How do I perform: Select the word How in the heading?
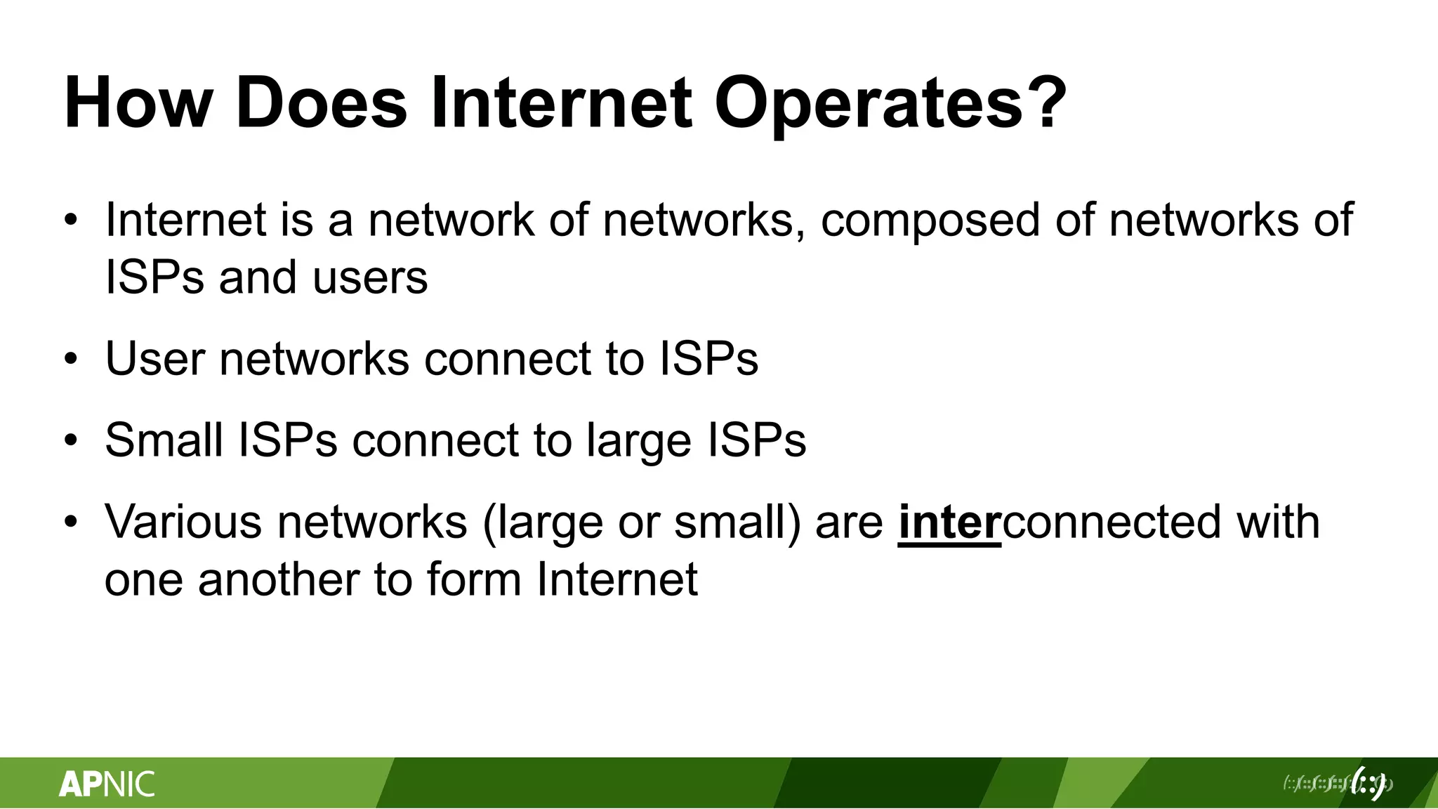pos(138,104)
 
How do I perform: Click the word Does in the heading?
pos(321,104)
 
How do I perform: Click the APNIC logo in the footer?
pos(107,784)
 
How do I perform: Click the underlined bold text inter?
pos(949,522)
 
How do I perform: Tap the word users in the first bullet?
pos(370,277)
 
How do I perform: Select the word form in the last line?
pos(473,580)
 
